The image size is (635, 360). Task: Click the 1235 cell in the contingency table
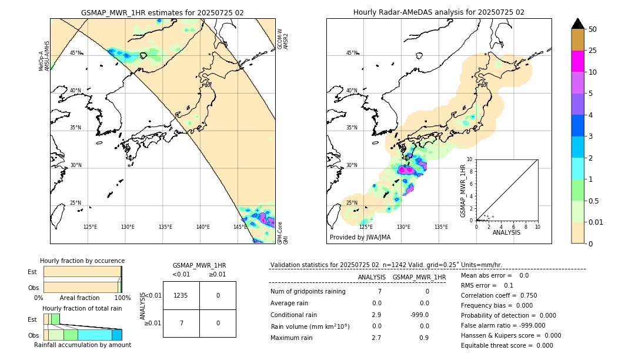pos(181,295)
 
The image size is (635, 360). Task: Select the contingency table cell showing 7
pos(181,323)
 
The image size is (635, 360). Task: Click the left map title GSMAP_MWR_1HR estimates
pos(162,12)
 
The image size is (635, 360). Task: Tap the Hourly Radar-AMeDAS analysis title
pos(439,12)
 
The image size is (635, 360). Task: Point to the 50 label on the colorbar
pos(593,29)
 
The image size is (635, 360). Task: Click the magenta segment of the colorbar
pos(577,61)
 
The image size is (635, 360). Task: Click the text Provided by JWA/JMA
pos(360,237)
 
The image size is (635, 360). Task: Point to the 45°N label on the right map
pos(352,53)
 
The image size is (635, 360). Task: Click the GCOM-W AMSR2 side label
pos(283,39)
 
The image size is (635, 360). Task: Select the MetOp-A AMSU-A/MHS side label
pos(44,56)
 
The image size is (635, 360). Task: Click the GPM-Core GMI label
pos(282,232)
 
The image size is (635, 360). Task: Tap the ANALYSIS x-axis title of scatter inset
pos(507,232)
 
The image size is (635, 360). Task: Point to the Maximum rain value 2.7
pos(376,338)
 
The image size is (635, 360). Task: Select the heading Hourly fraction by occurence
pos(82,261)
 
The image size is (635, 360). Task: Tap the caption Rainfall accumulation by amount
pos(82,345)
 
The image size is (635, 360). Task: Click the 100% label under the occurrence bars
pos(122,298)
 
